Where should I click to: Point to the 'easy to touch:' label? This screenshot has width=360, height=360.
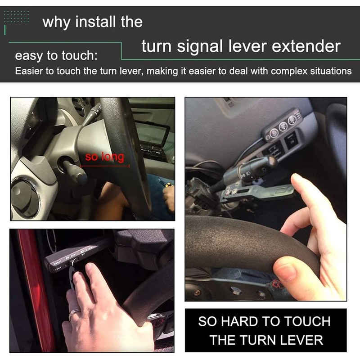click(x=56, y=56)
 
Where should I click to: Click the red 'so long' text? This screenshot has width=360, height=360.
click(x=104, y=157)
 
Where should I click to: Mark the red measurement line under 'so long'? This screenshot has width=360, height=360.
click(x=104, y=166)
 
